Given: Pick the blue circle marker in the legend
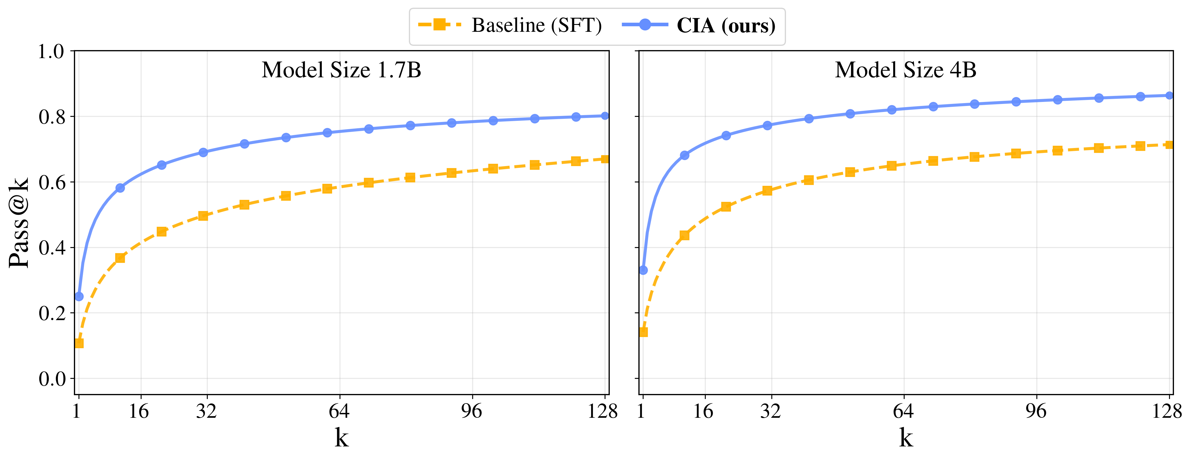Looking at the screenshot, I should pyautogui.click(x=645, y=25).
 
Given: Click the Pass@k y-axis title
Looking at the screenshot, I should pyautogui.click(x=19, y=222).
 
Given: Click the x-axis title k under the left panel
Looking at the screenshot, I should pyautogui.click(x=341, y=437).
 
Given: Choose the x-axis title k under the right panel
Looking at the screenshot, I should pyautogui.click(x=906, y=437).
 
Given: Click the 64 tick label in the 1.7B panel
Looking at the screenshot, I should pyautogui.click(x=339, y=411).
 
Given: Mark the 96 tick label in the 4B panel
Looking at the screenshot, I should pyautogui.click(x=1036, y=411).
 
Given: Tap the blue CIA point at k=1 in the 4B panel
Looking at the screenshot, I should pyautogui.click(x=643, y=270).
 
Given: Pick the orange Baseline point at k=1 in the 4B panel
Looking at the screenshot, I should pyautogui.click(x=643, y=332).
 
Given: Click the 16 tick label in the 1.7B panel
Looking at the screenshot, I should pyautogui.click(x=139, y=411).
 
